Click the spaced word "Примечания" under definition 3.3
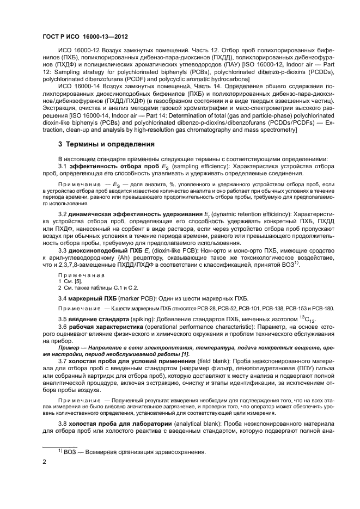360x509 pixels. pos(77,275)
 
